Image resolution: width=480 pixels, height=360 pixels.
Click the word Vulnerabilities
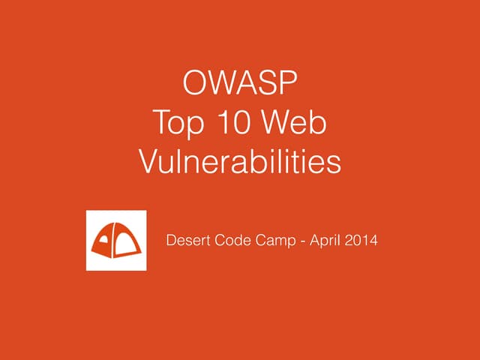click(240, 162)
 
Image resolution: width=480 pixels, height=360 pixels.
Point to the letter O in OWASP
click(195, 84)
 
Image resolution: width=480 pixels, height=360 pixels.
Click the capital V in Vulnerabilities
click(149, 162)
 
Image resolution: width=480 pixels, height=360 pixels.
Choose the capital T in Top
click(159, 123)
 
